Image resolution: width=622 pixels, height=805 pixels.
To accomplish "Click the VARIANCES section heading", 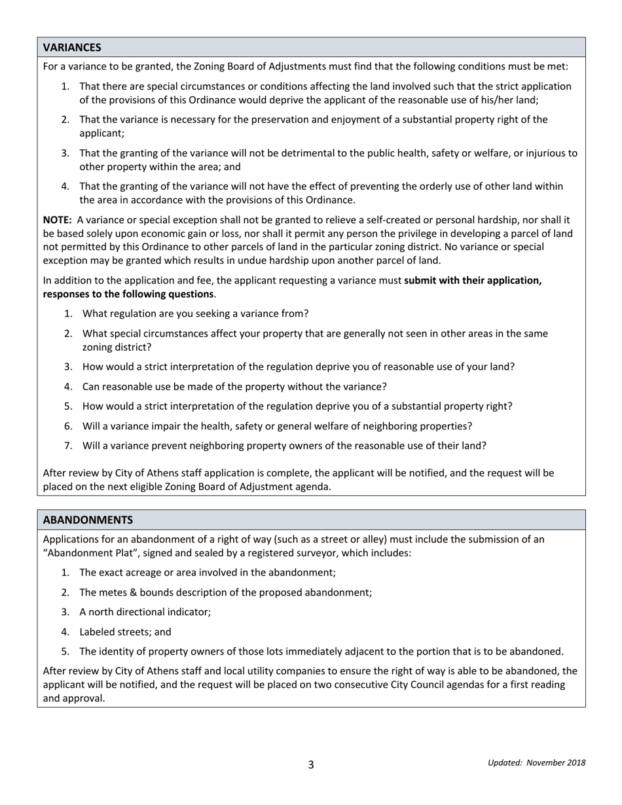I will click(72, 47).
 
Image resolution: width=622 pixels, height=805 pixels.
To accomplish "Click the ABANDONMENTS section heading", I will click(88, 520).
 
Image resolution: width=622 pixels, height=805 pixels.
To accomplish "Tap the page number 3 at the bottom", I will click(311, 764).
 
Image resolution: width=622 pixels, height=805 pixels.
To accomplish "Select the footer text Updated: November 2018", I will click(536, 762).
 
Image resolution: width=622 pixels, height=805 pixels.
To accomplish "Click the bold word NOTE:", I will click(58, 221).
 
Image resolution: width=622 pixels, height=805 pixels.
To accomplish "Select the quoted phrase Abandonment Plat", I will click(86, 553).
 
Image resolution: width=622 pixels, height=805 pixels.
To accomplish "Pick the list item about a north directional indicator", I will click(145, 612).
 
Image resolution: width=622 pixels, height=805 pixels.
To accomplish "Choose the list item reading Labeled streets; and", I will click(125, 632).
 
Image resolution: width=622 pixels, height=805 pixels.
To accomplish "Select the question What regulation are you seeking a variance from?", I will click(195, 313).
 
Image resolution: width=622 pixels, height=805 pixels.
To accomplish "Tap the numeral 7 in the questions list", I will click(67, 446).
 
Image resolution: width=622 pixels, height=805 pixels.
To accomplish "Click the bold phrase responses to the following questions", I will click(128, 294).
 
